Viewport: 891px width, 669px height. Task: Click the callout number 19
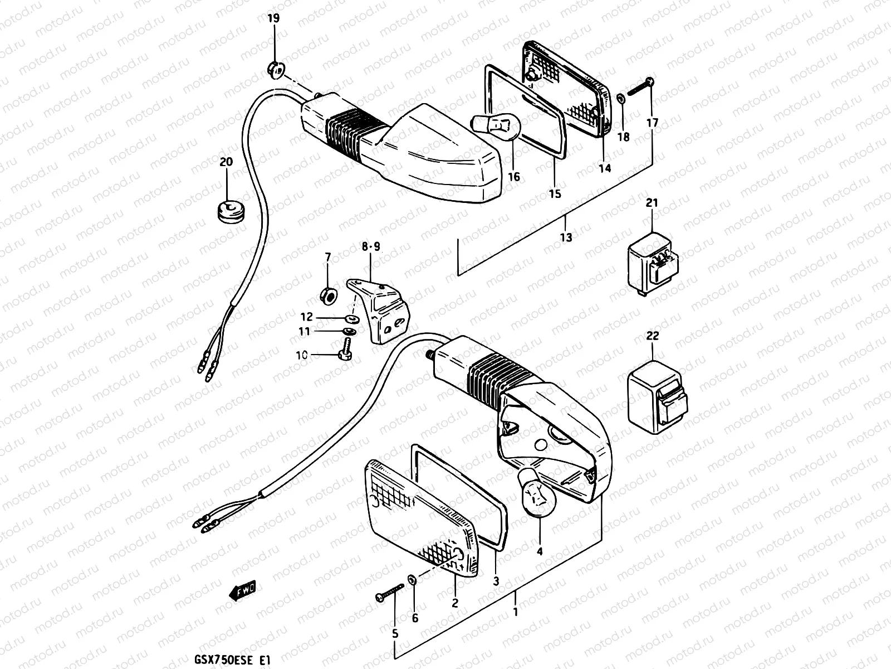point(273,19)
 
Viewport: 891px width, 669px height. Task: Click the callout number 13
point(566,238)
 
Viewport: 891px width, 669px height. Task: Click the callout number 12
point(307,317)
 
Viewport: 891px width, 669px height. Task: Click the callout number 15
point(555,194)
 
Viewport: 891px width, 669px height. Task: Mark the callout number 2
point(455,603)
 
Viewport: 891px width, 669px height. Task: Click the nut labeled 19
point(276,69)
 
